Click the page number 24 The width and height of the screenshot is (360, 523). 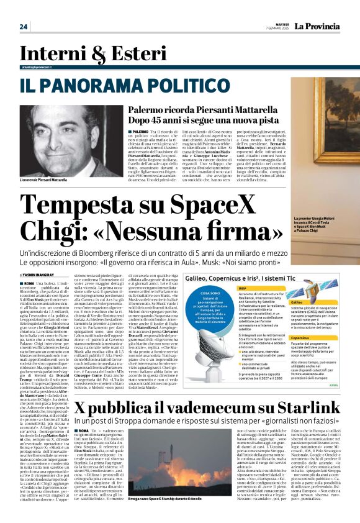[x=24, y=27]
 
